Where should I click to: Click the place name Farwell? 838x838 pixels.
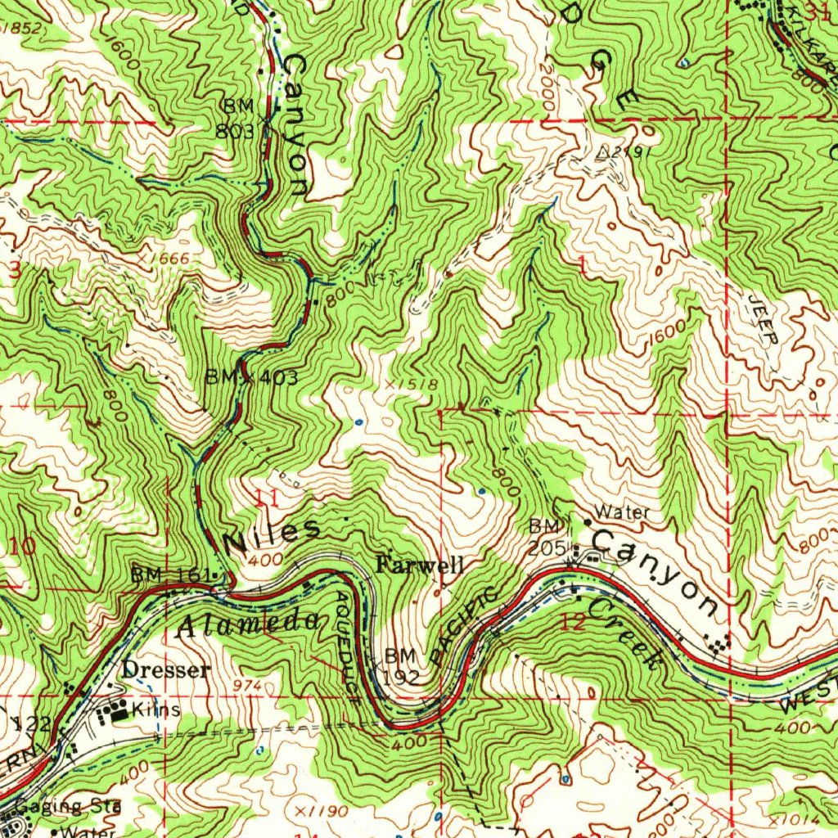(x=420, y=565)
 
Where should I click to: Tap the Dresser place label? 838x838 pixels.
(x=165, y=670)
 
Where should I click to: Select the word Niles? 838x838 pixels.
(x=272, y=533)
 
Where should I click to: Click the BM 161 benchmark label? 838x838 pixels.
(x=172, y=575)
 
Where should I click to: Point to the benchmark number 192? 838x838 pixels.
(x=402, y=678)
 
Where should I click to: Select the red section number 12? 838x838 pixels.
(x=574, y=623)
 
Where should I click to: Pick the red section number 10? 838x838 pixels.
(x=22, y=546)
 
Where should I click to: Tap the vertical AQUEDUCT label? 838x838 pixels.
(x=346, y=644)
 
